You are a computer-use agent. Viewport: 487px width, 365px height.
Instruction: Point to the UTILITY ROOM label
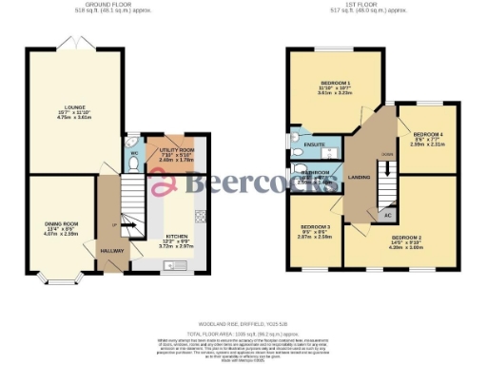coord(177,149)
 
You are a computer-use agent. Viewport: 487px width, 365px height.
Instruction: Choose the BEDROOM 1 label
coord(335,84)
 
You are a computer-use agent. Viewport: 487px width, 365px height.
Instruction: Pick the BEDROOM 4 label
coord(427,136)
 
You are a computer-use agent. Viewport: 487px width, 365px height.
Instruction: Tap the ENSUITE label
coord(314,144)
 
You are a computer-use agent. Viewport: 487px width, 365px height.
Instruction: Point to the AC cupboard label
coord(386,215)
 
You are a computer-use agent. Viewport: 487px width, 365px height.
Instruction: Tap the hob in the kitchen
coord(201,215)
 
